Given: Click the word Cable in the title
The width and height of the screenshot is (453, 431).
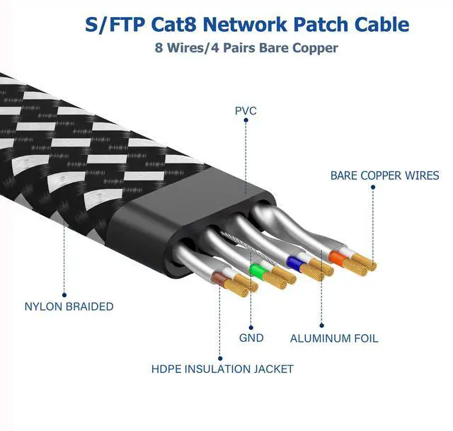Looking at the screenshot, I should pos(383,25).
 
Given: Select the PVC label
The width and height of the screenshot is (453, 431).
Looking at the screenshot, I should pos(246,111).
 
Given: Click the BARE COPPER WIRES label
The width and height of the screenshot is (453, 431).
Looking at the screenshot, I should pos(384,176).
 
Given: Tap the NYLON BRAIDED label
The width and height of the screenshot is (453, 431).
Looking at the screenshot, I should pos(69,306).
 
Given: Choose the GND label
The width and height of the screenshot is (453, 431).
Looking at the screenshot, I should pos(251,338).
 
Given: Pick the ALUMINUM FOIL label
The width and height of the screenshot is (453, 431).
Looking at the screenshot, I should pos(334,338).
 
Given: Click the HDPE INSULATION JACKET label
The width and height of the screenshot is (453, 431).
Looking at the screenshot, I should pos(222,369).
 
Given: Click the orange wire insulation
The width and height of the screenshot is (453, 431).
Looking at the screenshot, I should pos(337,258).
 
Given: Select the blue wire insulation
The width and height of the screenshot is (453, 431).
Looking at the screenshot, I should pos(292,263).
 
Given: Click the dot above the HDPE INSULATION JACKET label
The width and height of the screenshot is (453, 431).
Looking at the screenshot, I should pos(221,357).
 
